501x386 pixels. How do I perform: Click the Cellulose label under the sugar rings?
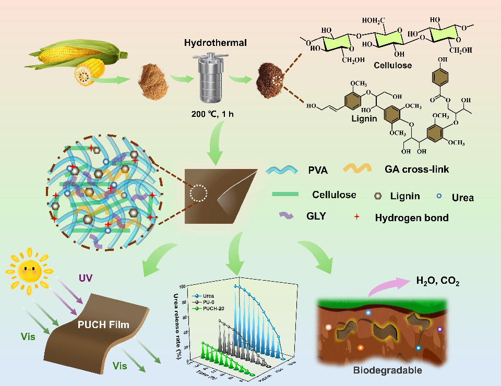coord(392,66)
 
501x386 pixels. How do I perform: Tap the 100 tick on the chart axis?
coord(182,286)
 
